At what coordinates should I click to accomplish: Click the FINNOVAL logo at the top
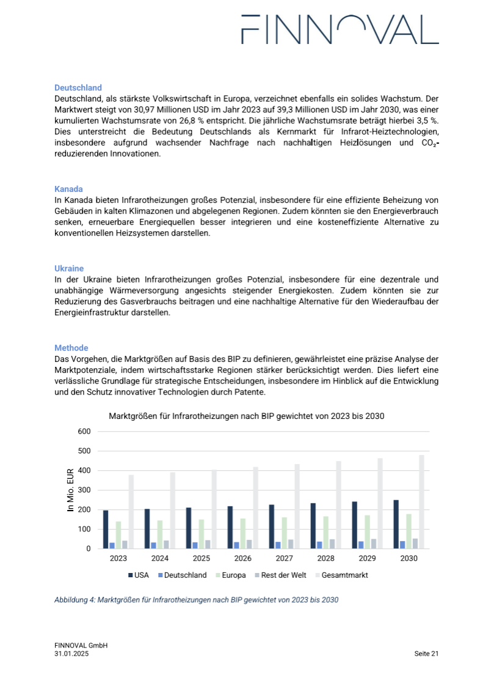click(340, 30)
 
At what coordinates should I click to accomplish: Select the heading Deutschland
click(78, 87)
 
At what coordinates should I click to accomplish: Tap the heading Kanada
click(68, 189)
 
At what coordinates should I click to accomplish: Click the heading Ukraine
click(69, 268)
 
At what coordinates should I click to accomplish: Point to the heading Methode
click(71, 348)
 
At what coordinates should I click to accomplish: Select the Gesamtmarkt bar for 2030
click(421, 502)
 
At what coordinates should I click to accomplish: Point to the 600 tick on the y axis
click(84, 432)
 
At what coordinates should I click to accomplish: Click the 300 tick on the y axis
click(84, 490)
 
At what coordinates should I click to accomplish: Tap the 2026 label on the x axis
click(242, 558)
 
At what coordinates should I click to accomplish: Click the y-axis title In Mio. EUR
click(70, 490)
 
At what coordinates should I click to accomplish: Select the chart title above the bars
click(246, 416)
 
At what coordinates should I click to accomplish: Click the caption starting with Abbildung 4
click(196, 600)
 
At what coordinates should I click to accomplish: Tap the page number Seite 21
click(426, 654)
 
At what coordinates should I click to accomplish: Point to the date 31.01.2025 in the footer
click(72, 654)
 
